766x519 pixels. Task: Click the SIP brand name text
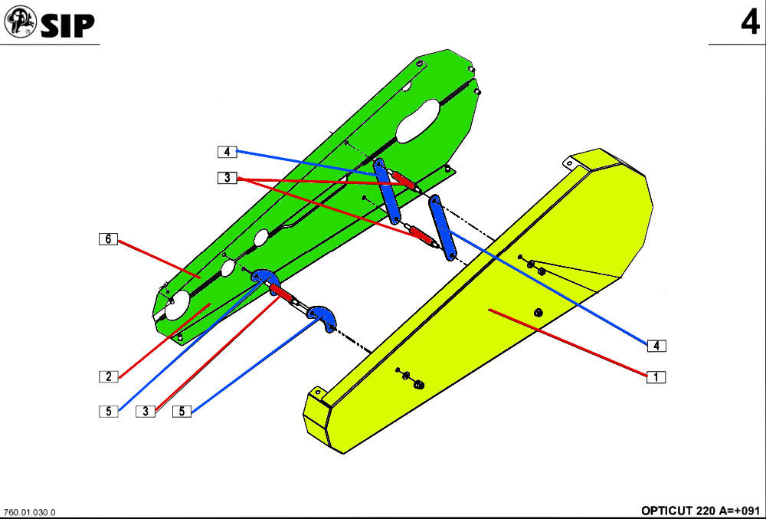click(67, 25)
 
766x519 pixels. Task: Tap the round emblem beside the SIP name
click(21, 22)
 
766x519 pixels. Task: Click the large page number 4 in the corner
click(750, 22)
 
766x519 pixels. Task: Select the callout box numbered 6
click(108, 239)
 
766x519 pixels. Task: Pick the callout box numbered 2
click(109, 376)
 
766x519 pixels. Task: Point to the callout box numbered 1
click(656, 376)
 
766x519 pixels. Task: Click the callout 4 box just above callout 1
click(656, 346)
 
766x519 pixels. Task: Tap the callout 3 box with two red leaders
click(228, 178)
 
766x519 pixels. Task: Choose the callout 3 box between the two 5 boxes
click(146, 411)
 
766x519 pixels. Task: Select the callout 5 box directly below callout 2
click(109, 412)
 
